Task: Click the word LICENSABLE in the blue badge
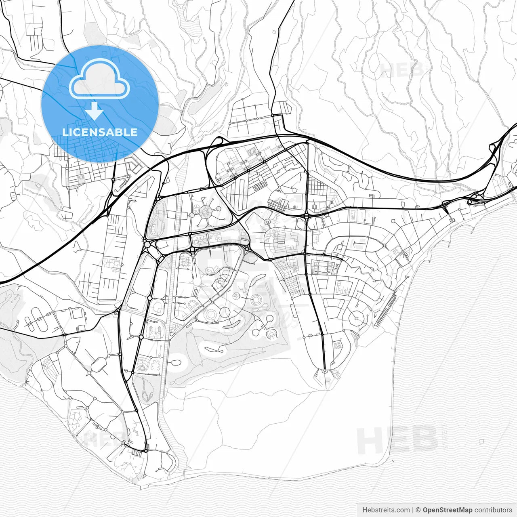pyautogui.click(x=100, y=132)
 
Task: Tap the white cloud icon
pyautogui.click(x=99, y=80)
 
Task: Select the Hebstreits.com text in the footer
pyautogui.click(x=386, y=510)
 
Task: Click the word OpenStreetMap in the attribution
pyautogui.click(x=448, y=510)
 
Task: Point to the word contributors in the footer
pyautogui.click(x=493, y=510)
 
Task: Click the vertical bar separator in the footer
pyautogui.click(x=412, y=510)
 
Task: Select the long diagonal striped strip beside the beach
pyautogui.click(x=385, y=309)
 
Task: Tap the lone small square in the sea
pyautogui.click(x=482, y=441)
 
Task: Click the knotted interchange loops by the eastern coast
pyautogui.click(x=472, y=200)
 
